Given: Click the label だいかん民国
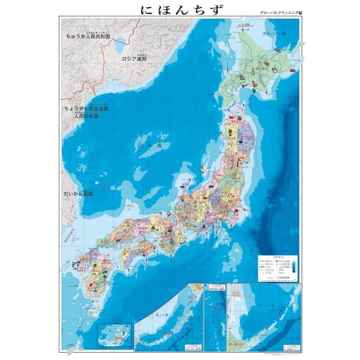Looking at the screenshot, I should coord(79,194).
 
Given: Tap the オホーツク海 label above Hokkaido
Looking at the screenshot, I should coord(277,34).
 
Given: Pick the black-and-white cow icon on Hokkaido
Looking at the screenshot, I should coord(274,71).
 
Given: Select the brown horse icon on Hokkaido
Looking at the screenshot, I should coord(255,84).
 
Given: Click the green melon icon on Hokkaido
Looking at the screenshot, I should coord(252,72).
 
